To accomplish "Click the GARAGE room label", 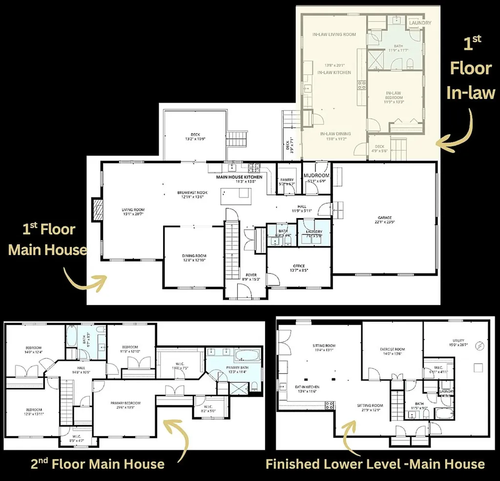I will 384,218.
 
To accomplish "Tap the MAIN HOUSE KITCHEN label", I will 239,177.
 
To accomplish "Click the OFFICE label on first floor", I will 299,266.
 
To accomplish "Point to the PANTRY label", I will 287,180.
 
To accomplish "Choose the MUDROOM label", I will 316,175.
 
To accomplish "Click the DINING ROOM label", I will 194,256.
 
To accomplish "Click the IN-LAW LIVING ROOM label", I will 334,35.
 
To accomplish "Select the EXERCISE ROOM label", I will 393,350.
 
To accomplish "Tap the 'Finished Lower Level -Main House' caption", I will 375,464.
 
